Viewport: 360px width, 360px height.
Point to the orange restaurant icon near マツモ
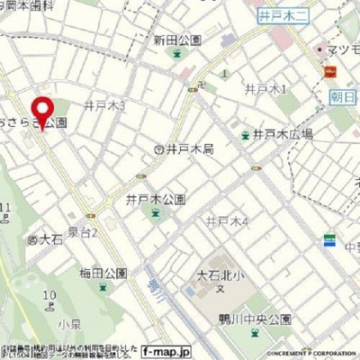pos(330,70)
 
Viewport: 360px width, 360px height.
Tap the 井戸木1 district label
pos(265,89)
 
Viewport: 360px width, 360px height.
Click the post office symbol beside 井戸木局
pos(158,148)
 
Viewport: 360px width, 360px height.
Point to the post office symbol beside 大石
pos(31,239)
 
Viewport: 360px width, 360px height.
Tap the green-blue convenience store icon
pos(330,241)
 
